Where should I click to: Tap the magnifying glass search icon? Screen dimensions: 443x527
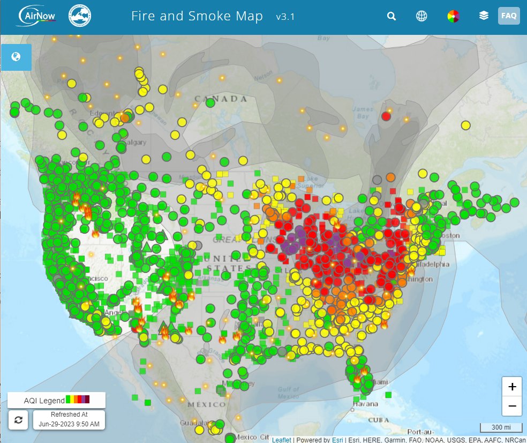(x=392, y=16)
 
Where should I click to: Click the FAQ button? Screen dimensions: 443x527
(x=508, y=16)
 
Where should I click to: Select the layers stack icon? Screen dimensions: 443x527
(x=484, y=16)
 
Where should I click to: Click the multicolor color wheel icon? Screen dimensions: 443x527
(x=453, y=16)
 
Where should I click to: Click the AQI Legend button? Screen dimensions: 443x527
(x=56, y=400)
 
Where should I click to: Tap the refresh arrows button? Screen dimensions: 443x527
(x=19, y=419)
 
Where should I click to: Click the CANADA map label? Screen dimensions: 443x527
(x=221, y=99)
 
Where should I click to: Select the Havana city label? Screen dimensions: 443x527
(x=354, y=403)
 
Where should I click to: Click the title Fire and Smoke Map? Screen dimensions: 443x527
(x=197, y=16)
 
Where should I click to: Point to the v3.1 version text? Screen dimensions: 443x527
(x=285, y=17)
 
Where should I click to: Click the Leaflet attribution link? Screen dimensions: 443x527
(x=281, y=440)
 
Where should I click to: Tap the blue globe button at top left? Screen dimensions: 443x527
(x=16, y=57)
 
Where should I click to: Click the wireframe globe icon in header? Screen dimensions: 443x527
(x=422, y=16)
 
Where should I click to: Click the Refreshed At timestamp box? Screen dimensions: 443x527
(x=69, y=419)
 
